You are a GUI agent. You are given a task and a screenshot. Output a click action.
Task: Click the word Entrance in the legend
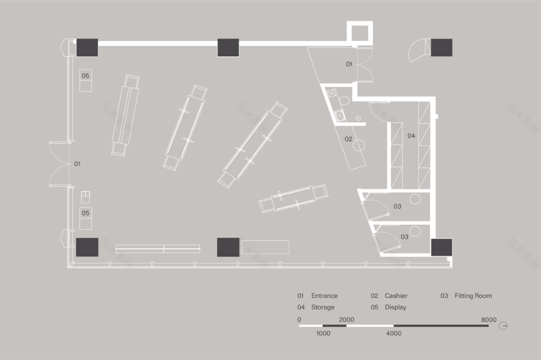(x=324, y=295)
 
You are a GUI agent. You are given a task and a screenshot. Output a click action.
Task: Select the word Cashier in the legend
(x=396, y=295)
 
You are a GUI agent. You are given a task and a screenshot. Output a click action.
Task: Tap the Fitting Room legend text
(x=473, y=295)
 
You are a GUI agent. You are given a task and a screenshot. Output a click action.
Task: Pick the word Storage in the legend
(x=323, y=307)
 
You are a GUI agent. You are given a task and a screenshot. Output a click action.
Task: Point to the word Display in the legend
(x=395, y=307)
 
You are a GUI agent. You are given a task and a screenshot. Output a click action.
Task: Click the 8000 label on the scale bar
(x=489, y=319)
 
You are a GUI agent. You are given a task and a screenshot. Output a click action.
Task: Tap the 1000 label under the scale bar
(x=323, y=334)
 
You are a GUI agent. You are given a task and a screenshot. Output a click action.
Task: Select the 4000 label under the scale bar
(x=394, y=334)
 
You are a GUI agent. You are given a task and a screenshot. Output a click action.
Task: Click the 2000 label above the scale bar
(x=346, y=319)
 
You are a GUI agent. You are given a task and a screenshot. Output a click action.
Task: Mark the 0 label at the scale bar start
(x=299, y=319)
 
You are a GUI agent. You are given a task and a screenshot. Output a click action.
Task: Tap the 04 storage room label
(x=411, y=135)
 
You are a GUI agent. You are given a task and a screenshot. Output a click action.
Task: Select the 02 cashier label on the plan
(x=348, y=139)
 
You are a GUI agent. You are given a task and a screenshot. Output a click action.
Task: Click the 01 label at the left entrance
(x=77, y=164)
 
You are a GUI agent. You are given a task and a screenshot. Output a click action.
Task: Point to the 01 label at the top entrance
(x=349, y=64)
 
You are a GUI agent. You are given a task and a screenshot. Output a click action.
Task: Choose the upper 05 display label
(x=85, y=76)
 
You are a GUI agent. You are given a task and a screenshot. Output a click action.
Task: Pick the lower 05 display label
(x=85, y=213)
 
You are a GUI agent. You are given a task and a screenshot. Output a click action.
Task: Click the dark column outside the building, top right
(x=441, y=47)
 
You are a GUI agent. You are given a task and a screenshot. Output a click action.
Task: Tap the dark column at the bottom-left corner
(x=87, y=246)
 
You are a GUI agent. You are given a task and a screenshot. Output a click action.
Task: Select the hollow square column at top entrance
(x=360, y=33)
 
